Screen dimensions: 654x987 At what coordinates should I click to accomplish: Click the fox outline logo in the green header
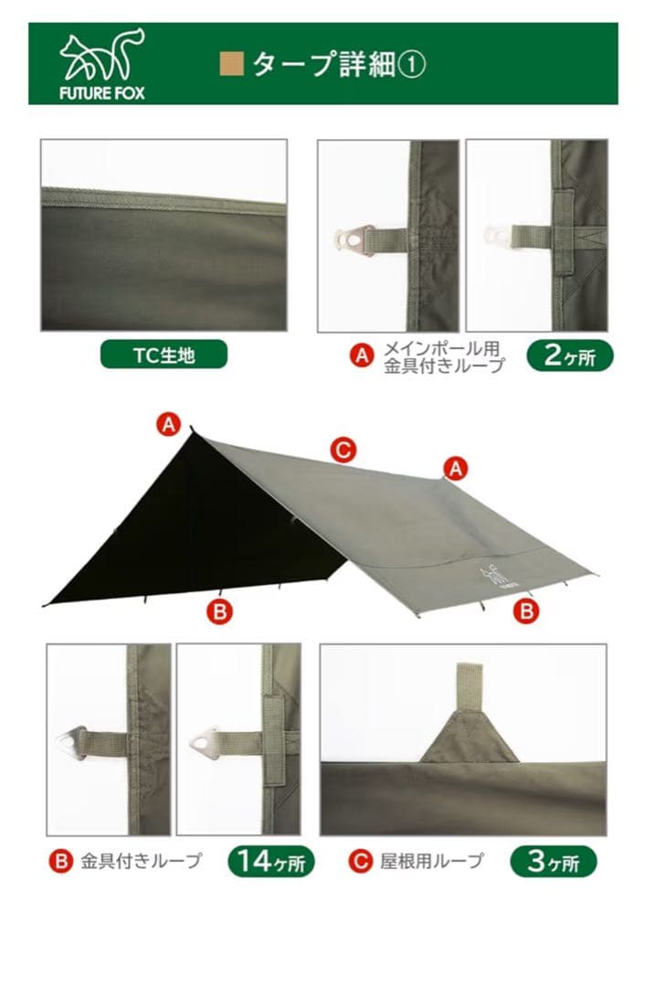tap(102, 55)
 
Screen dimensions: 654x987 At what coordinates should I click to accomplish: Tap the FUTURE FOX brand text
tap(102, 93)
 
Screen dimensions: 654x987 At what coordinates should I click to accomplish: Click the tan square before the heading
tap(231, 64)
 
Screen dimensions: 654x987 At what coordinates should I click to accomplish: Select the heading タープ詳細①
tap(339, 64)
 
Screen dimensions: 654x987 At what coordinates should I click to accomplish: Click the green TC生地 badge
tap(163, 355)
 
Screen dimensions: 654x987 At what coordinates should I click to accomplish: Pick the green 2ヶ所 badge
tap(570, 355)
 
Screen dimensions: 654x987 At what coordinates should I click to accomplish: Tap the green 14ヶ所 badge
tap(271, 861)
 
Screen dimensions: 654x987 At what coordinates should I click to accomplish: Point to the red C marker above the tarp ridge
tap(343, 450)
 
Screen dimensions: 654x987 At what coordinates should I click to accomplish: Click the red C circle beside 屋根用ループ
tap(360, 861)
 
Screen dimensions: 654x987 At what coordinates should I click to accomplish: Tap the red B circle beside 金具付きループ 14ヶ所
tap(61, 861)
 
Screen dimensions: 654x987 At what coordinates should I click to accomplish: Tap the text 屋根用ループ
tap(432, 861)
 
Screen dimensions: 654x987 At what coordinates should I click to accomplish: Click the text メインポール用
tap(441, 349)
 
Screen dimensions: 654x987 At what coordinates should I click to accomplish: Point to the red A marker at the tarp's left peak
tap(169, 425)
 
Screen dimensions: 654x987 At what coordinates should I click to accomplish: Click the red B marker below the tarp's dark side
tap(219, 611)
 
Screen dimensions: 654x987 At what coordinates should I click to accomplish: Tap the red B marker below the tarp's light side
tap(526, 610)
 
